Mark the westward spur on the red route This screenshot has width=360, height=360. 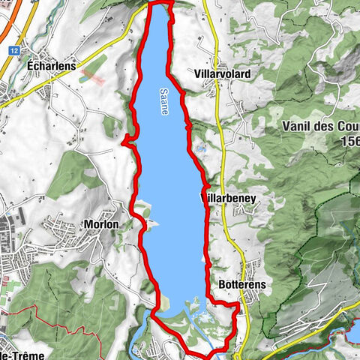(x=125, y=139)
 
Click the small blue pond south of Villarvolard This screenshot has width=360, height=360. (x=200, y=149)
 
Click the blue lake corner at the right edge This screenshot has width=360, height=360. (x=354, y=331)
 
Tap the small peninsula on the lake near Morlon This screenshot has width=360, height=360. (x=151, y=223)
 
